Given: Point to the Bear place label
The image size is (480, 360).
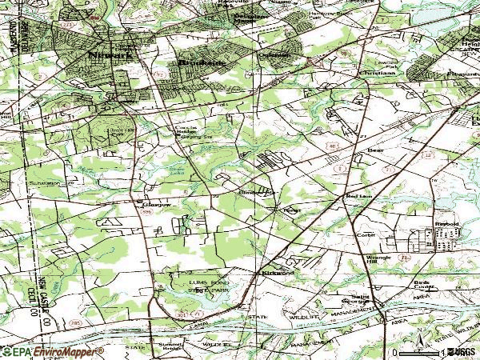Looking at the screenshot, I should click(x=375, y=150).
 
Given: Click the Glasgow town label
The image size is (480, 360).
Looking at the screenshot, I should click(x=157, y=204).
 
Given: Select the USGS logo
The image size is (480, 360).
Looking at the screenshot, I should click(x=462, y=352).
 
